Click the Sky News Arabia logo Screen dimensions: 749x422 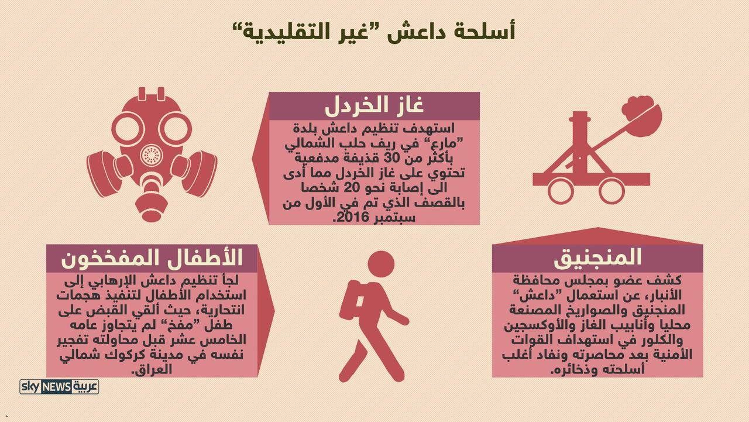tap(59, 386)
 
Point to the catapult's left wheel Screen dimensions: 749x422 tap(561, 191)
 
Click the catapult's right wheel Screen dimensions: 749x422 tap(611, 191)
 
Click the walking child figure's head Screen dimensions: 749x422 tap(381, 265)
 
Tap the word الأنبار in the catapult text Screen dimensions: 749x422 tap(663, 295)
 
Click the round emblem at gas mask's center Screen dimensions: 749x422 tap(152, 155)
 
